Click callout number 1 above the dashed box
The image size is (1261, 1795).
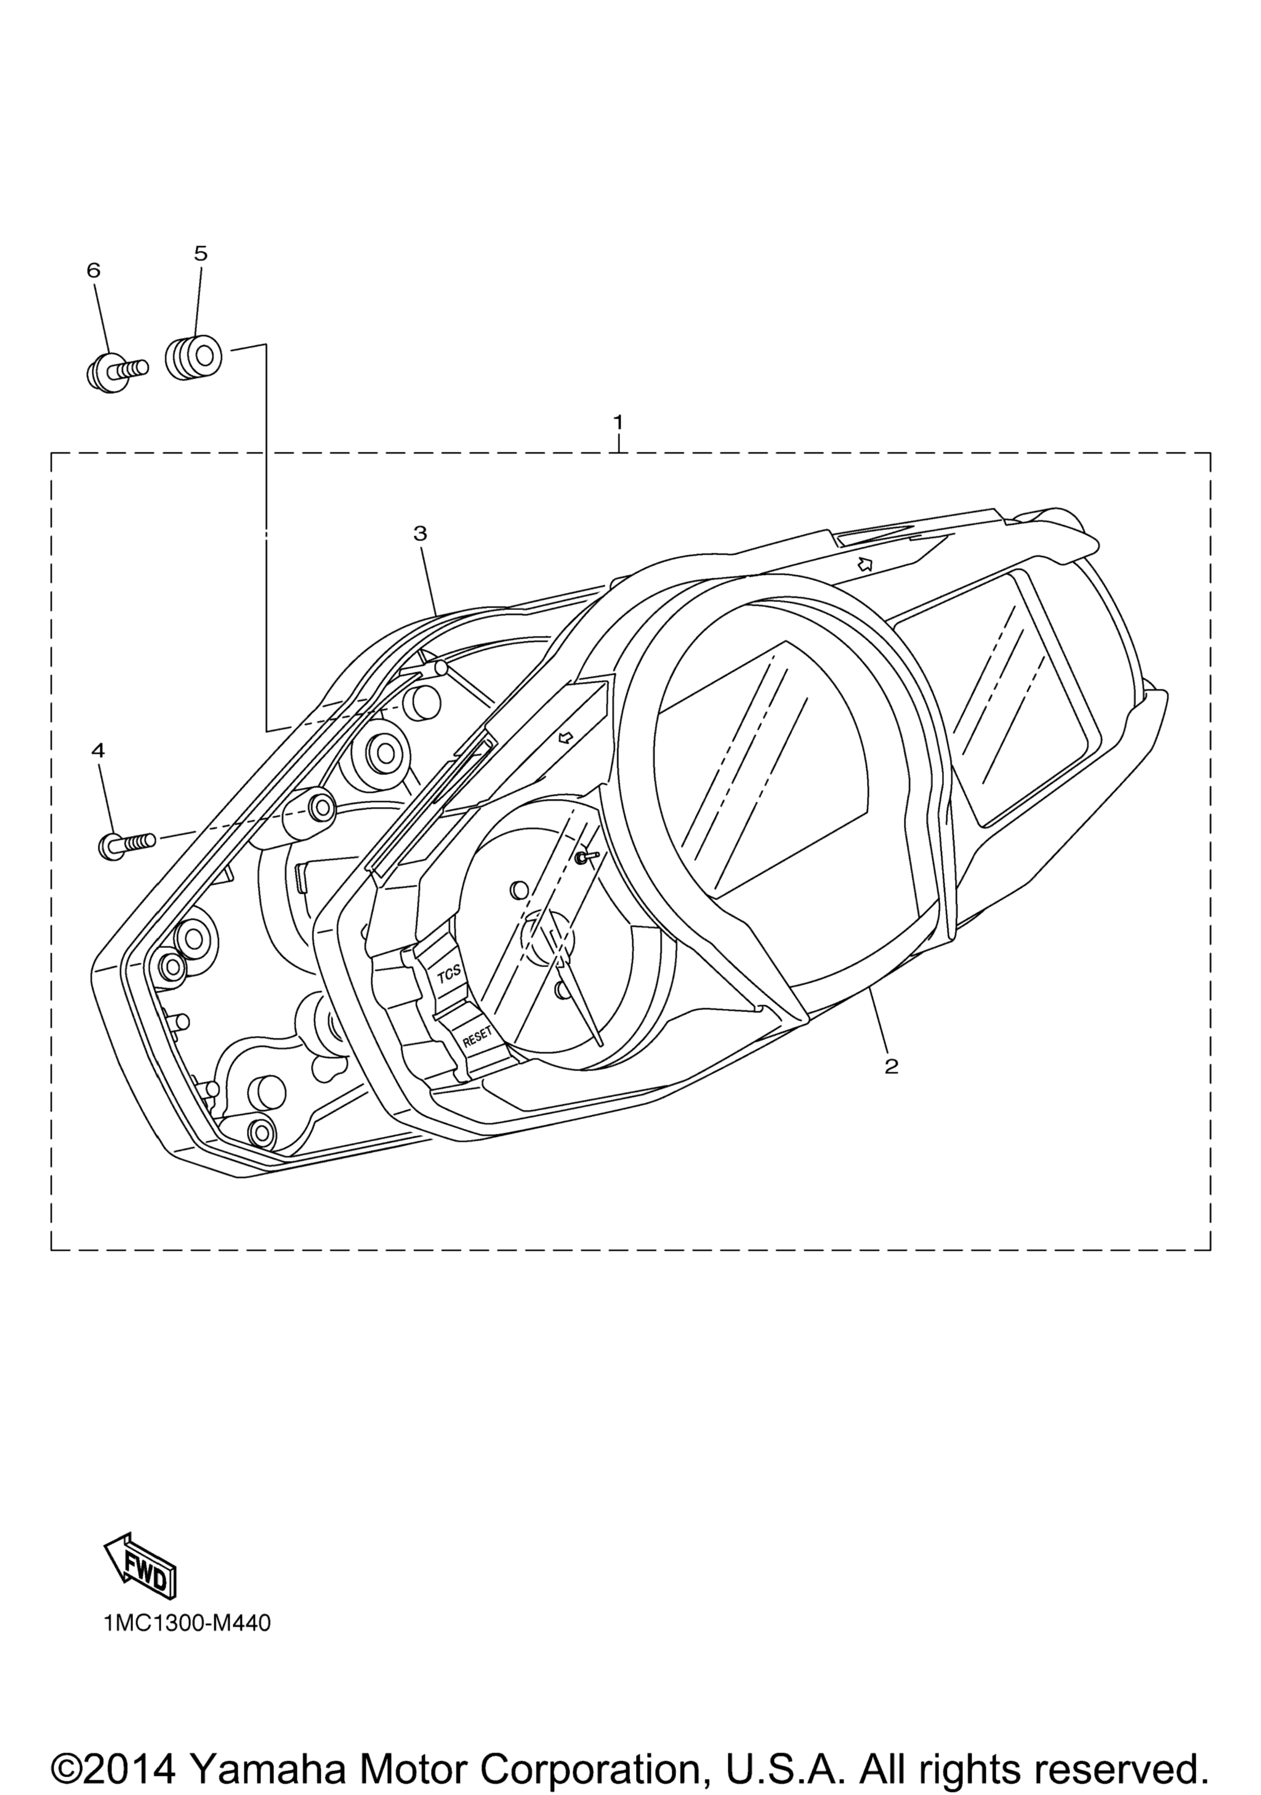[618, 422]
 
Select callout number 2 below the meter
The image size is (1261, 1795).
[891, 1066]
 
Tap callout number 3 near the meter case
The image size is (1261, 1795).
[420, 533]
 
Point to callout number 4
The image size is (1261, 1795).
[98, 750]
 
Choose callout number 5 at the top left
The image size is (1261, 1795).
[201, 253]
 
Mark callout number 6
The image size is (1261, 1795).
[93, 270]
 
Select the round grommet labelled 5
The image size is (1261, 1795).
[193, 357]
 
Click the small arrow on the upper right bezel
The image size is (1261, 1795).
[864, 564]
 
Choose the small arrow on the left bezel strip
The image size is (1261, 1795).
[566, 736]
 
